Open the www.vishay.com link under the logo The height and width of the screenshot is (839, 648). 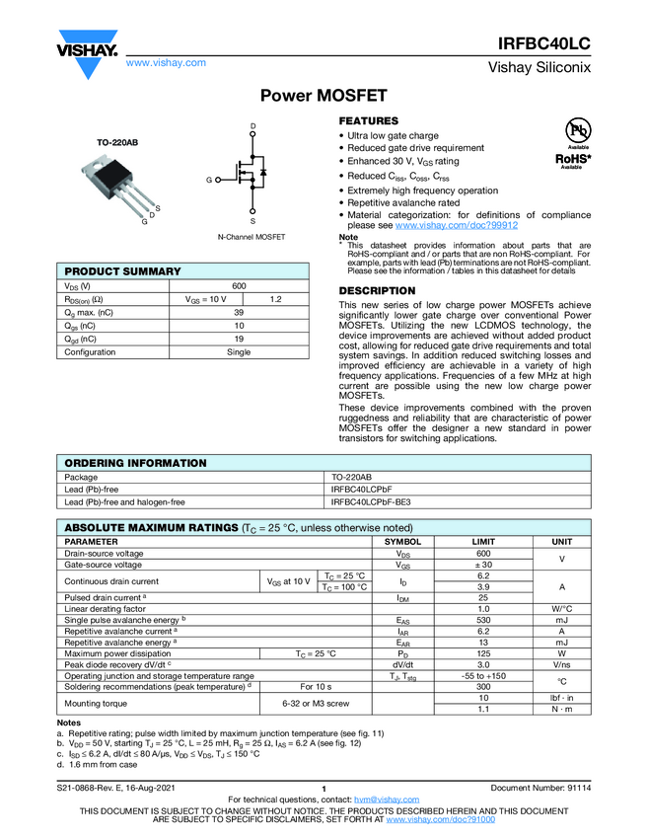[x=166, y=63]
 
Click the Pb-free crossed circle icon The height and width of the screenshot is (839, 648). [x=577, y=130]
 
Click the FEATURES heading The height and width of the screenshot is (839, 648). [x=368, y=120]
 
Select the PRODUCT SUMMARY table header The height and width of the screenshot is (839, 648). [x=122, y=271]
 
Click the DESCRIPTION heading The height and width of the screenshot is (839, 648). [x=377, y=291]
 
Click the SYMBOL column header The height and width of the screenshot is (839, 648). [x=402, y=542]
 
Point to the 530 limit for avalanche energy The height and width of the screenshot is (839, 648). [x=483, y=619]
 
